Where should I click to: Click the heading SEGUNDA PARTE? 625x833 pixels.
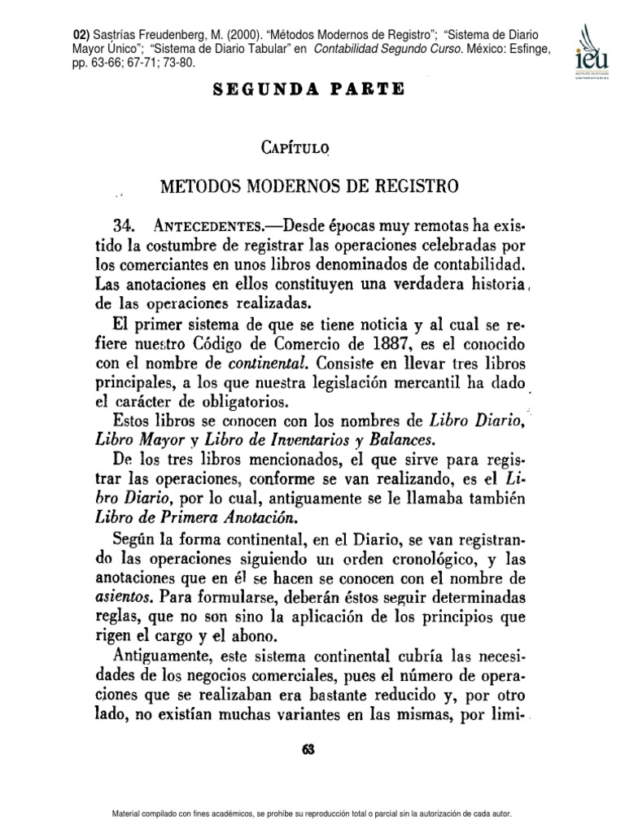pos(308,89)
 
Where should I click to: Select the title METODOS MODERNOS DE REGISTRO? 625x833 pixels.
pos(308,186)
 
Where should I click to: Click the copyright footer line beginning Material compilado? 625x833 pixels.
pos(312,814)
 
